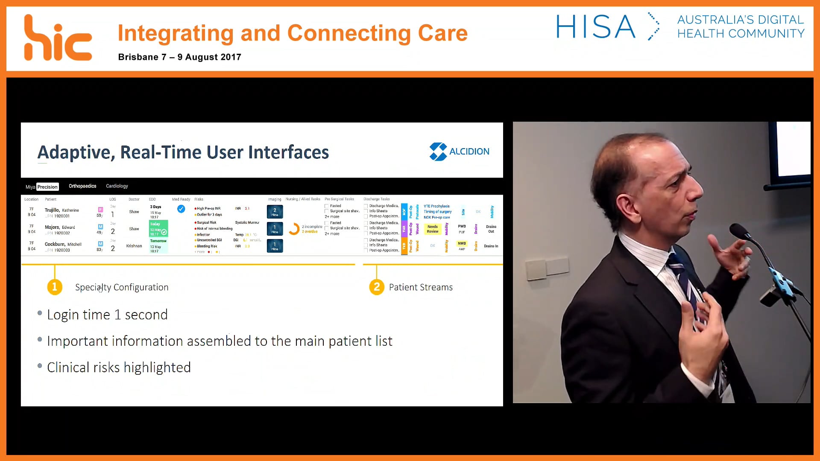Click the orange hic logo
coord(57,38)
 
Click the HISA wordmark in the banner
coord(595,27)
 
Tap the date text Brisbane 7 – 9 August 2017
coord(179,57)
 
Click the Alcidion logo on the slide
coord(459,152)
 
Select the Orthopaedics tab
coord(82,186)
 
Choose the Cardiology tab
coord(117,186)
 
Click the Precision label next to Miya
coord(47,187)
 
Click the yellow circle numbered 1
coord(55,287)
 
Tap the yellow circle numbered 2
coord(376,287)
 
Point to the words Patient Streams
coord(421,287)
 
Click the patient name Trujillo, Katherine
coord(62,210)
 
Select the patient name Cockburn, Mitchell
coord(63,244)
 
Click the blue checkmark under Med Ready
coord(181,209)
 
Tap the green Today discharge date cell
coord(158,229)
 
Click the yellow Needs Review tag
coord(433,229)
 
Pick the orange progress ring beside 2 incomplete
coord(294,229)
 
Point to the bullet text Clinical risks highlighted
coord(119,368)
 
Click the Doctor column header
coord(134,199)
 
